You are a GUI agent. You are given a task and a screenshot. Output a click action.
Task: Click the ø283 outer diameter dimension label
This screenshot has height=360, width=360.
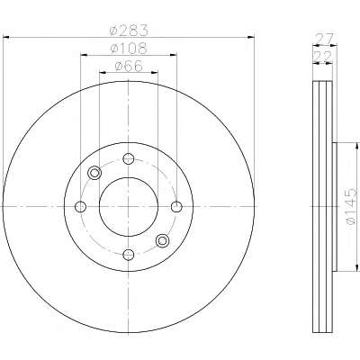click(129, 31)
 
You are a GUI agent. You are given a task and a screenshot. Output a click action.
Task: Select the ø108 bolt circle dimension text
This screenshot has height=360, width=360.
click(129, 49)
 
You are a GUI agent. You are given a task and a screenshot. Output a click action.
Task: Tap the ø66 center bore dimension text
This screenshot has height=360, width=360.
click(129, 67)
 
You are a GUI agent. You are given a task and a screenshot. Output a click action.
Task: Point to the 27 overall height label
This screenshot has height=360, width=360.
click(323, 39)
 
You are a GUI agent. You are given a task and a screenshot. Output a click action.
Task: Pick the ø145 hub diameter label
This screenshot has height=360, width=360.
click(351, 206)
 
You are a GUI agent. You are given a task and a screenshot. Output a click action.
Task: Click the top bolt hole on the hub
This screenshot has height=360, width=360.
click(129, 158)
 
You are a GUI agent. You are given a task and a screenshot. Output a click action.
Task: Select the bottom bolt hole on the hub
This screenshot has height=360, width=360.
click(129, 255)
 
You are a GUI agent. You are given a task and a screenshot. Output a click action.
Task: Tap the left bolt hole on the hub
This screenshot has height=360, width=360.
click(80, 206)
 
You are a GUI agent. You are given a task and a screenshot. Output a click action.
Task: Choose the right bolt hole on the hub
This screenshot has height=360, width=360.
click(176, 206)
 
